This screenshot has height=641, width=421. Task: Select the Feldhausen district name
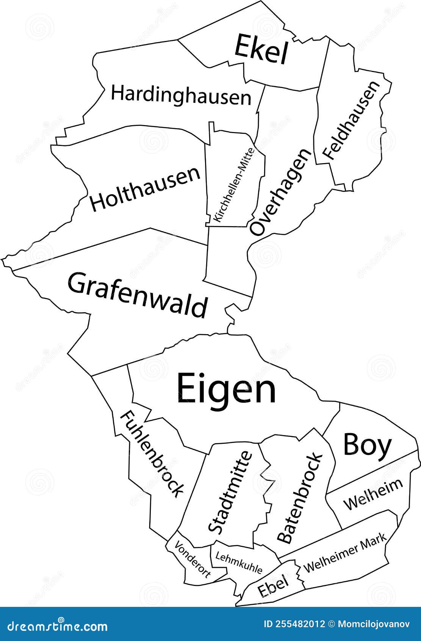[351, 120]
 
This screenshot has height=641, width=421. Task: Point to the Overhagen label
[280, 192]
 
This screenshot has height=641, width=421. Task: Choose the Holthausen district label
[145, 189]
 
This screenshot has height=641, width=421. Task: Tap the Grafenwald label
[138, 295]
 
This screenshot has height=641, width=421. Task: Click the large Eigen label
[227, 388]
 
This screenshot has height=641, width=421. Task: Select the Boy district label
[367, 445]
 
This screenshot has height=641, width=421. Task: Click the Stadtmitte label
[230, 492]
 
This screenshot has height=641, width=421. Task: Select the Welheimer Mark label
[345, 553]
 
